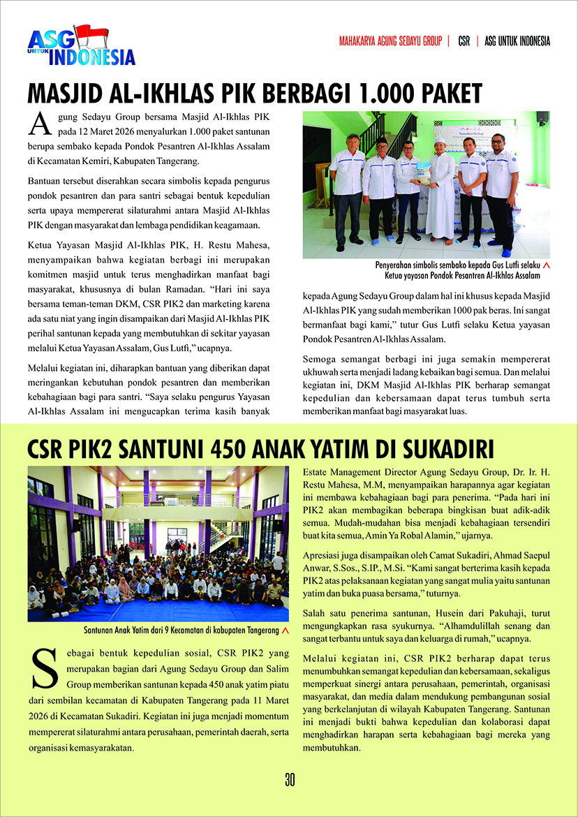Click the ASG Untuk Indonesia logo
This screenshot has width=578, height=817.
(x=81, y=47)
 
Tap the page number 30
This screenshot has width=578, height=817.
(x=289, y=780)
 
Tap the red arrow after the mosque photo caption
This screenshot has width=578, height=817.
(x=546, y=266)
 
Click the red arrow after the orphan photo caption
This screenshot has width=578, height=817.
(x=285, y=631)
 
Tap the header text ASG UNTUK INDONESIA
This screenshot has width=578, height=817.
(x=517, y=41)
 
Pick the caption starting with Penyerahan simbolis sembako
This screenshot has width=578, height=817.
(x=457, y=271)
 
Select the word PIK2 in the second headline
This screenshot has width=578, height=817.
(x=91, y=448)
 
